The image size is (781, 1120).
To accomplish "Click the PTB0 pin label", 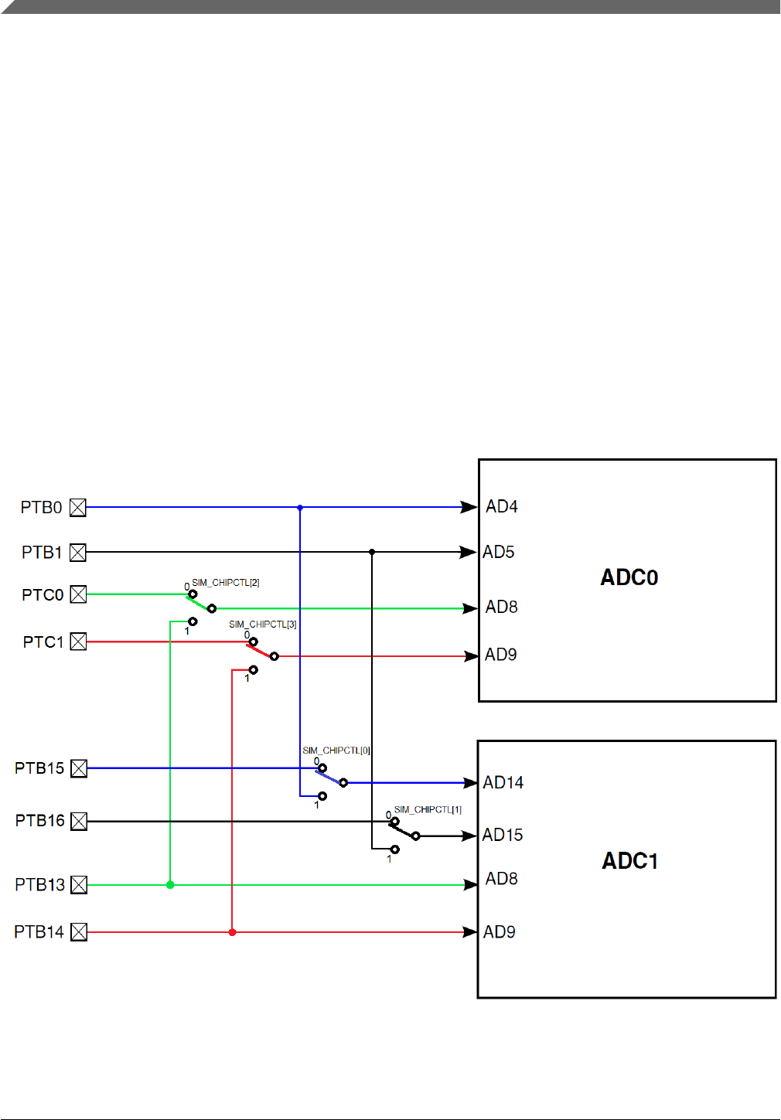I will click(41, 507).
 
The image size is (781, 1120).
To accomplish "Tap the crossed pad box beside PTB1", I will click(78, 553).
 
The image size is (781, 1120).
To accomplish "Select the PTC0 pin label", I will click(43, 595).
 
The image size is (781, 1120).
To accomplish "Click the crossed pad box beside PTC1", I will click(78, 642).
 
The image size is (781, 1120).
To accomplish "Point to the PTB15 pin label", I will click(39, 768).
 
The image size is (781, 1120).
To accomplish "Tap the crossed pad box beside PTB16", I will click(78, 821).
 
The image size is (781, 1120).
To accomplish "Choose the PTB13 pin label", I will click(39, 885).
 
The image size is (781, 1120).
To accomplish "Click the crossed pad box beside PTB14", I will click(78, 932).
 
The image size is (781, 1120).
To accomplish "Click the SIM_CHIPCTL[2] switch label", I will click(226, 583).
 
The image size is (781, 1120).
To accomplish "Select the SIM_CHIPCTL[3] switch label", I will click(263, 625).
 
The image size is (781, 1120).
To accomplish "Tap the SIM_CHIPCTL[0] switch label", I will click(336, 751).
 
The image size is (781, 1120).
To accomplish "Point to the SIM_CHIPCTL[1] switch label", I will click(428, 810).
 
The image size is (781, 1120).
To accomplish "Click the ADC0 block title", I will click(629, 577).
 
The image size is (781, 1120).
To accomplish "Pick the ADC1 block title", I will click(630, 861).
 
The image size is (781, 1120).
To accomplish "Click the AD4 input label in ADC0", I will click(502, 506).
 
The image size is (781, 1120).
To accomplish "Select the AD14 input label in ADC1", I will click(503, 783).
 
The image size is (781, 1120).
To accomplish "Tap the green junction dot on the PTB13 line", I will click(170, 885).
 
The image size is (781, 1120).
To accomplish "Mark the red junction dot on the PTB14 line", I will click(232, 932).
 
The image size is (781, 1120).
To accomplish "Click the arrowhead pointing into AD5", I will click(468, 552).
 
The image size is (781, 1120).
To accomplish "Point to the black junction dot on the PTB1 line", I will click(372, 552).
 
